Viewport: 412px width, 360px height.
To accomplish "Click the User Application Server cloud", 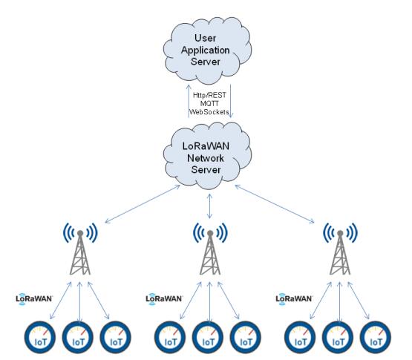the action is [x=207, y=50].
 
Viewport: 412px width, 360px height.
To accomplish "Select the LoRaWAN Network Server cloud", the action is [x=207, y=156].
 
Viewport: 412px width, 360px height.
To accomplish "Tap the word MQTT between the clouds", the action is [x=209, y=103].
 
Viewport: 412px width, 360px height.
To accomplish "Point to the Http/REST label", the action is [x=209, y=95].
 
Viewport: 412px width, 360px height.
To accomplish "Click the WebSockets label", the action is [x=209, y=112].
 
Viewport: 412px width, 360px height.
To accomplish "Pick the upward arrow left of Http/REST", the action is [x=189, y=101].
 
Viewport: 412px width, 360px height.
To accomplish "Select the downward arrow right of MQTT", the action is [x=231, y=101].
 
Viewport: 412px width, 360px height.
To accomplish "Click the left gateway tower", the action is [x=80, y=249].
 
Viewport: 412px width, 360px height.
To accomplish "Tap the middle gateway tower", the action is [x=210, y=249].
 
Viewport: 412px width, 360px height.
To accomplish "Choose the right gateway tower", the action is [x=340, y=249].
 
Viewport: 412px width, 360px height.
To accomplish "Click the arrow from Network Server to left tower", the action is [x=143, y=204].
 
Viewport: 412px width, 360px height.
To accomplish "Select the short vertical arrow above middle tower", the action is [x=209, y=206].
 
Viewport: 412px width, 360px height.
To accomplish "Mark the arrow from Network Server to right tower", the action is [x=275, y=204].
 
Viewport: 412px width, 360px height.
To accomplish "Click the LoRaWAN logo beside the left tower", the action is [x=34, y=299].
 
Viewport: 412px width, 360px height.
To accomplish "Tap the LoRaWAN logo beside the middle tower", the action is [x=164, y=299].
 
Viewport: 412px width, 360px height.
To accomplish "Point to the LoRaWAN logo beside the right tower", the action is [x=294, y=299].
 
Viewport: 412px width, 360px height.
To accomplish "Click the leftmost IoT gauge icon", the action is [x=40, y=338].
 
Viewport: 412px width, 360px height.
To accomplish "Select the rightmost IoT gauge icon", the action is [x=376, y=338].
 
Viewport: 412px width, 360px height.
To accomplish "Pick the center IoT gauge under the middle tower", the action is [x=208, y=338].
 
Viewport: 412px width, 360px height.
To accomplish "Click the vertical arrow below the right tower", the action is [x=340, y=302].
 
